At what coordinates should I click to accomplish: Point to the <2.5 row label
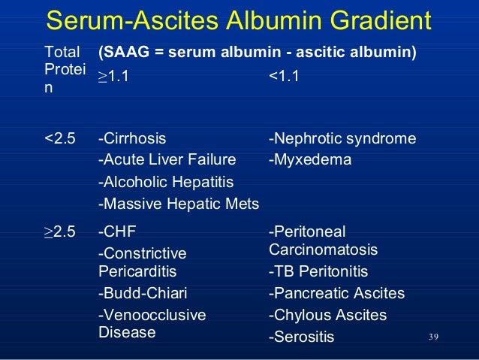click(60, 139)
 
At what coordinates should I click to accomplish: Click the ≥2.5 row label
click(60, 231)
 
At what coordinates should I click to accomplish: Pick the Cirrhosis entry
click(133, 139)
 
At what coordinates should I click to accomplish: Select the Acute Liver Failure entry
click(167, 159)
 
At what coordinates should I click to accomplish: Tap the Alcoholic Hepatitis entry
click(166, 181)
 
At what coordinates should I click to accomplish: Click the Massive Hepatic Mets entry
click(179, 203)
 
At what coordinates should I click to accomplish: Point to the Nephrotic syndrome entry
click(342, 139)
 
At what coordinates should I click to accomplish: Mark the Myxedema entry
click(309, 159)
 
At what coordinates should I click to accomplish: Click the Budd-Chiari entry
click(143, 293)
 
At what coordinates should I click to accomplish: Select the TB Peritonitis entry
click(318, 271)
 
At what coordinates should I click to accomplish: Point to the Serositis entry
click(301, 337)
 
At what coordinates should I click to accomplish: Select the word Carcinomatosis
click(323, 249)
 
